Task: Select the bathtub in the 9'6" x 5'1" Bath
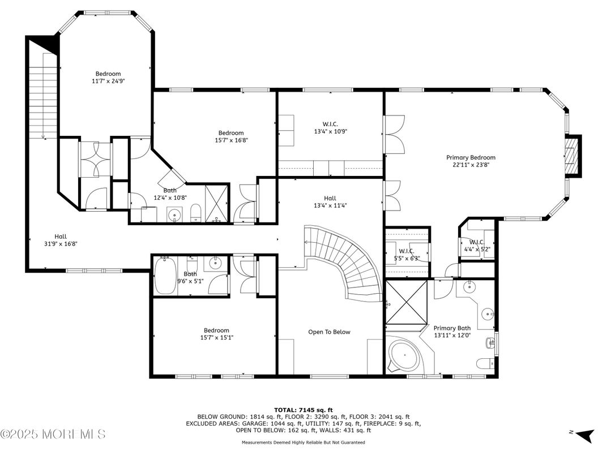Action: (x=165, y=276)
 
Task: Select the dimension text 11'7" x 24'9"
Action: (x=108, y=81)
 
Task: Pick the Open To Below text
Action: (x=329, y=332)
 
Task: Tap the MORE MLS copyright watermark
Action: (x=53, y=435)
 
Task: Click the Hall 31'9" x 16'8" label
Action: (x=61, y=240)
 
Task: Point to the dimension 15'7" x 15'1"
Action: (x=217, y=338)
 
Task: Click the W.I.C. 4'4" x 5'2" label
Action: (x=478, y=246)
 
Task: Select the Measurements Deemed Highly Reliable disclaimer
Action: (x=303, y=443)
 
